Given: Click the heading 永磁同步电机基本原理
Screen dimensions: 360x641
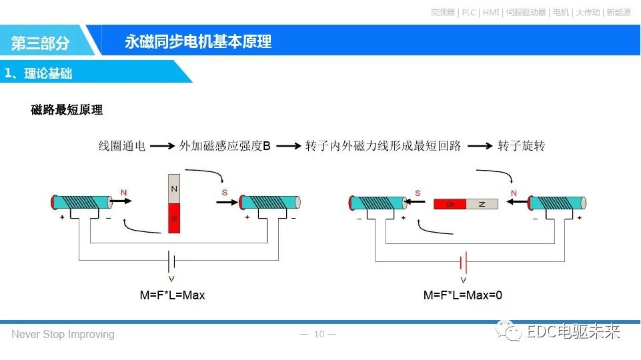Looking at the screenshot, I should tap(198, 42).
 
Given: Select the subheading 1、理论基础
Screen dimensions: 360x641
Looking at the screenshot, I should tap(39, 73).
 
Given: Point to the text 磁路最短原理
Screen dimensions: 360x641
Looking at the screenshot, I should tap(67, 110).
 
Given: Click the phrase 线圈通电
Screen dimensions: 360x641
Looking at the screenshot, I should tap(121, 145).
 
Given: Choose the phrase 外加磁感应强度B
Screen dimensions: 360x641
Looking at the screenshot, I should tap(225, 145).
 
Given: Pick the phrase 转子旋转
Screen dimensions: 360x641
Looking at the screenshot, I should tap(521, 145).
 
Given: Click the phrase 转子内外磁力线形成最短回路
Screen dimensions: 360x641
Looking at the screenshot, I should tap(383, 145).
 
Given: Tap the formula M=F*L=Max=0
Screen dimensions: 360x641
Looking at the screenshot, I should tap(462, 295).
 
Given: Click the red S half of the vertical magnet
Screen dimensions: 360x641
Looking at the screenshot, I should tap(174, 219).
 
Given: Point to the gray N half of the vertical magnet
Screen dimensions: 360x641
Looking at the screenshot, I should tap(174, 189).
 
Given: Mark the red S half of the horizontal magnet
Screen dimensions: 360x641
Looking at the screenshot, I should tap(450, 204).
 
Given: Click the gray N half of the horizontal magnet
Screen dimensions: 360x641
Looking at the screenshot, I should tap(482, 204).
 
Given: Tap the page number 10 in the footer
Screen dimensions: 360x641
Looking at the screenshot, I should tap(319, 334).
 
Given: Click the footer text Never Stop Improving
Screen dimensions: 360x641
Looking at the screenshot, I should tap(63, 334).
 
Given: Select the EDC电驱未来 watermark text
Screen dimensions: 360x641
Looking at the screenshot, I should tap(573, 331).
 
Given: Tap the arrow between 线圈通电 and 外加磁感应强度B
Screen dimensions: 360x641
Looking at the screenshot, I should tap(162, 145).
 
